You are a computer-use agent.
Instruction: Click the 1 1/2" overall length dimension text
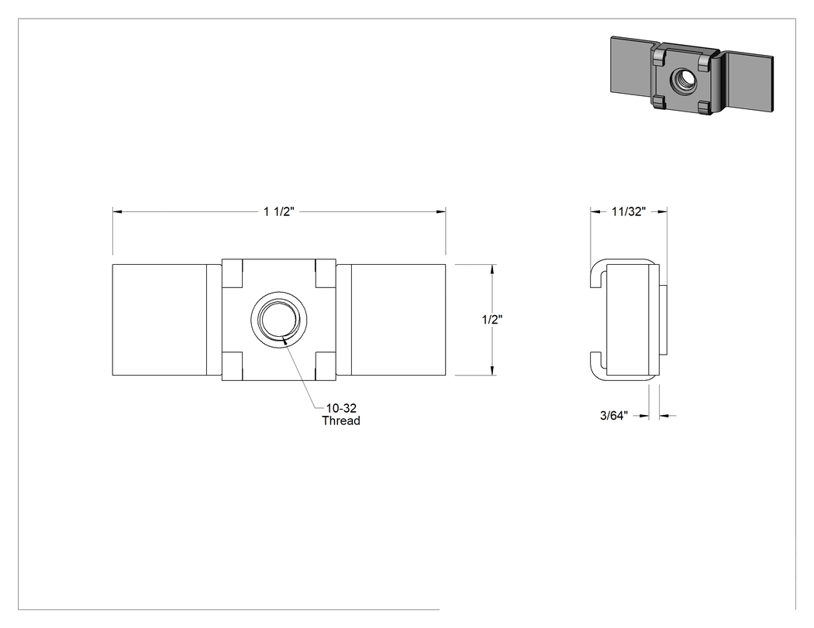point(279,211)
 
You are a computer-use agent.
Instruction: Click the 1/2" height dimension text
point(492,320)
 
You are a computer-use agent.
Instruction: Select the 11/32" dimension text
point(629,211)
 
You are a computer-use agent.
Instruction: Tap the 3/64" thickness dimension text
point(614,415)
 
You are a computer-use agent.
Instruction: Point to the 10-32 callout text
point(341,408)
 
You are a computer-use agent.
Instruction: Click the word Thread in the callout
point(341,420)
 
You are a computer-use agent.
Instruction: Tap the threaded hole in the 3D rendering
point(683,80)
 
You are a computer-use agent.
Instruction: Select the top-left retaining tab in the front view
point(233,273)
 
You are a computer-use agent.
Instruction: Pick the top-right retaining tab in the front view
point(326,273)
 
